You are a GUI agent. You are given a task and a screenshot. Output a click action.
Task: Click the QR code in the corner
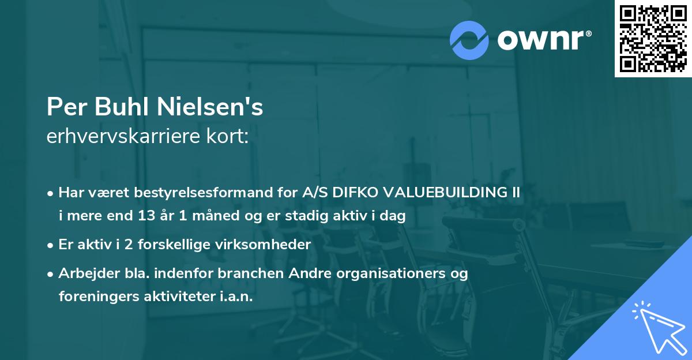pyautogui.click(x=653, y=39)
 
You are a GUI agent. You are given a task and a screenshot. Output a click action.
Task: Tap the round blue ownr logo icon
pyautogui.click(x=469, y=40)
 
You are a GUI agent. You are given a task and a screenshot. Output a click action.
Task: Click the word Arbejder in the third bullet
pyautogui.click(x=85, y=273)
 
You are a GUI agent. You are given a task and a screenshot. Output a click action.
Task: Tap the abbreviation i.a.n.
pyautogui.click(x=236, y=297)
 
